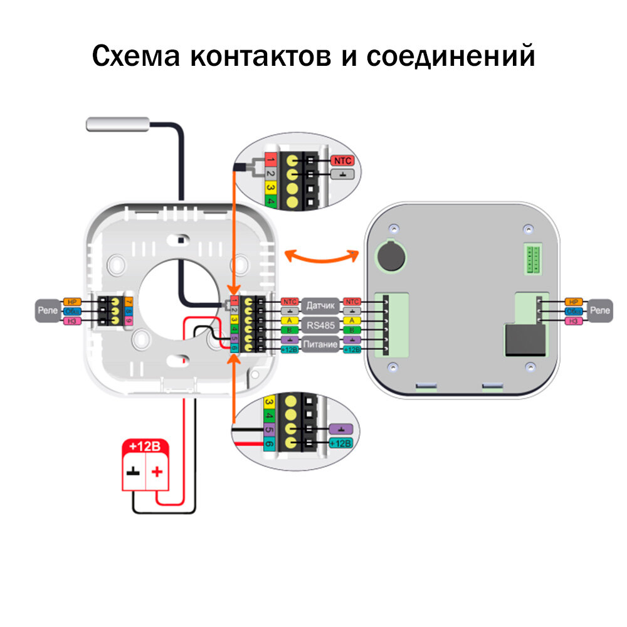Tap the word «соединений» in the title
[450, 56]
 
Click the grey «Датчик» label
[320, 306]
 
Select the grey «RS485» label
[320, 325]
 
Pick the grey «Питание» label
[320, 344]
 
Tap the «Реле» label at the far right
[601, 310]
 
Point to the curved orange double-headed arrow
[321, 256]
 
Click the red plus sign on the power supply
[157, 472]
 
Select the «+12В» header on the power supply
[145, 446]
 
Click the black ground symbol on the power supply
[133, 472]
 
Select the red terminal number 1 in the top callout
[271, 159]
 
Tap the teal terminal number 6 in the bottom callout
[270, 443]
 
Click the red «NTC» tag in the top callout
[342, 161]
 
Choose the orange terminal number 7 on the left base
[129, 301]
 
